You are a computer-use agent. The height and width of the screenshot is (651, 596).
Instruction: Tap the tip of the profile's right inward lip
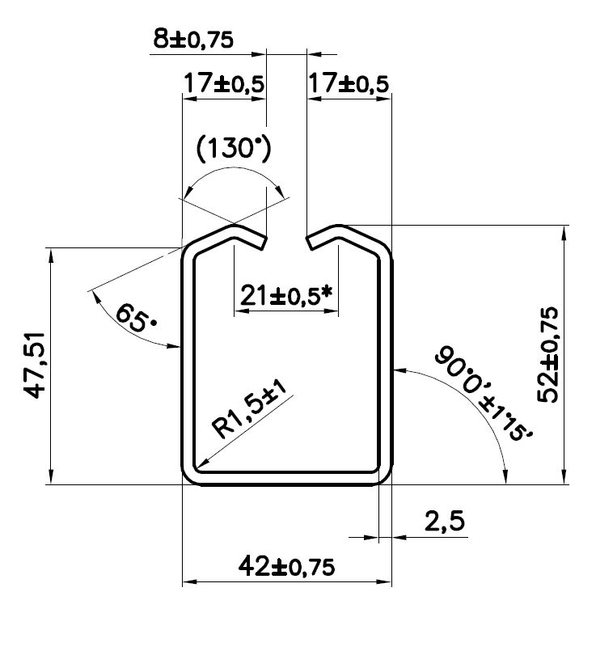coord(310,243)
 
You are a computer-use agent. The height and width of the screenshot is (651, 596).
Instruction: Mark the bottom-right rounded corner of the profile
coord(383,476)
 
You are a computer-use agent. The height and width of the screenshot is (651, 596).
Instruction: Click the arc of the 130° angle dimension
coord(234,171)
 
